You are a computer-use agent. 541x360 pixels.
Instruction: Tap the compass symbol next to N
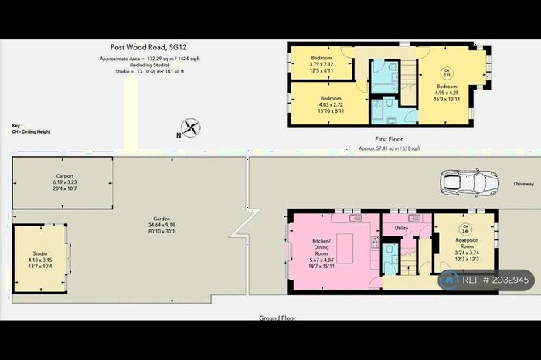tap(190, 127)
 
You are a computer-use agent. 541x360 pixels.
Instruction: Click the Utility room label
tap(400, 228)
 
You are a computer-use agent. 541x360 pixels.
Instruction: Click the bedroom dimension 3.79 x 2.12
tap(322, 64)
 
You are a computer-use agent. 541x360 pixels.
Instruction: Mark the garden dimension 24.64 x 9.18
tap(161, 225)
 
